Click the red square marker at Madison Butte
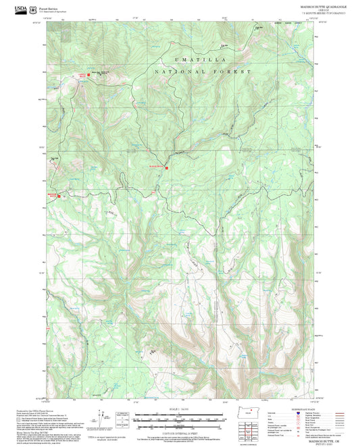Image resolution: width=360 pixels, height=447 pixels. tap(59, 196)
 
